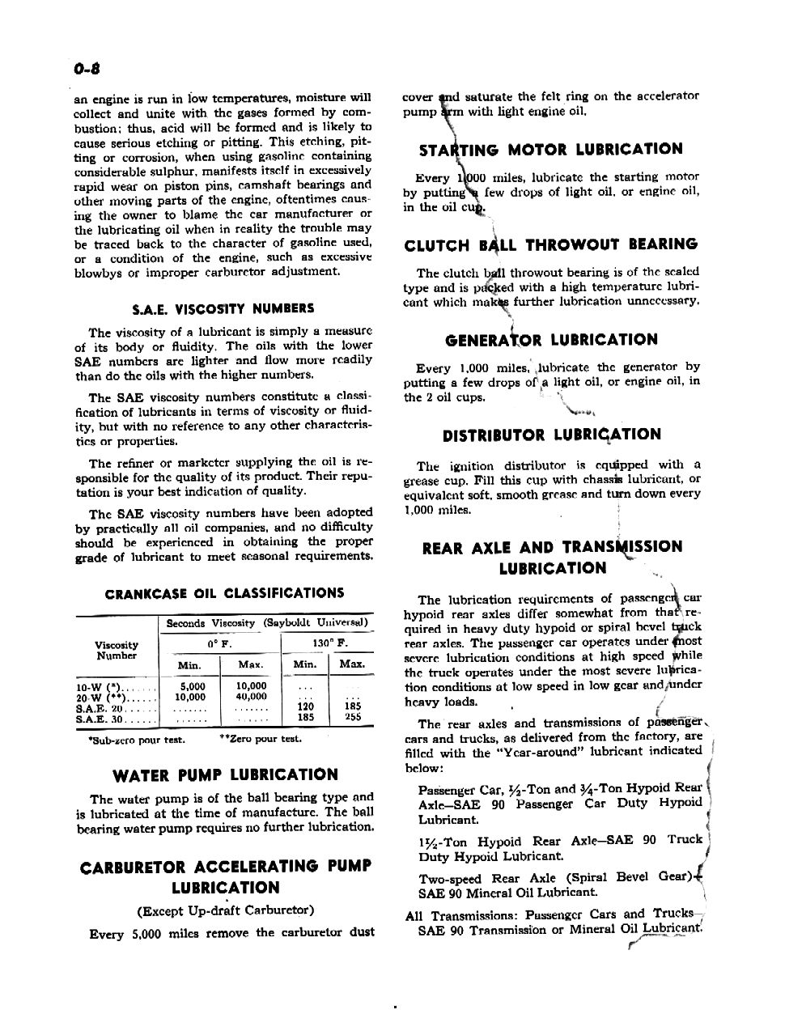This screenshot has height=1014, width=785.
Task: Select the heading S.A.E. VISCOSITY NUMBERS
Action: tap(223, 308)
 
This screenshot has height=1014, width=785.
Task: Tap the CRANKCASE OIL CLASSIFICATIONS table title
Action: tap(224, 593)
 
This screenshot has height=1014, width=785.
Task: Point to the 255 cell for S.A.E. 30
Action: tap(353, 717)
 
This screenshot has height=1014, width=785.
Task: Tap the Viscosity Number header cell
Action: tap(117, 650)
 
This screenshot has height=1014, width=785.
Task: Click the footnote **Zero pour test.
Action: tap(260, 739)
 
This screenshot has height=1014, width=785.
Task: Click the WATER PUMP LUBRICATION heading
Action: tap(225, 775)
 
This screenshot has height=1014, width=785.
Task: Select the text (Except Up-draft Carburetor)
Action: tap(226, 910)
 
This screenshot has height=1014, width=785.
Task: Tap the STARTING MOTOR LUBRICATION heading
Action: tap(550, 149)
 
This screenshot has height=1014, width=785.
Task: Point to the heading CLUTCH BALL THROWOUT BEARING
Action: tap(550, 244)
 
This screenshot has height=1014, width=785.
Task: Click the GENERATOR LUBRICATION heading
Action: tap(551, 340)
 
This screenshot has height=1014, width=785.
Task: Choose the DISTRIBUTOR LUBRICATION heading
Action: tap(551, 435)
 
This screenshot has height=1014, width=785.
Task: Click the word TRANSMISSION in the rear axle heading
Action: tap(626, 547)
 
